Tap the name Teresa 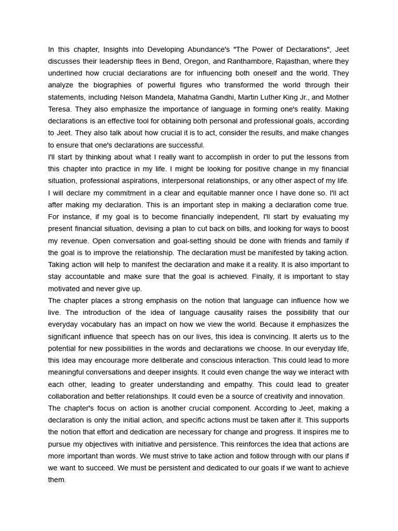click(60, 109)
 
